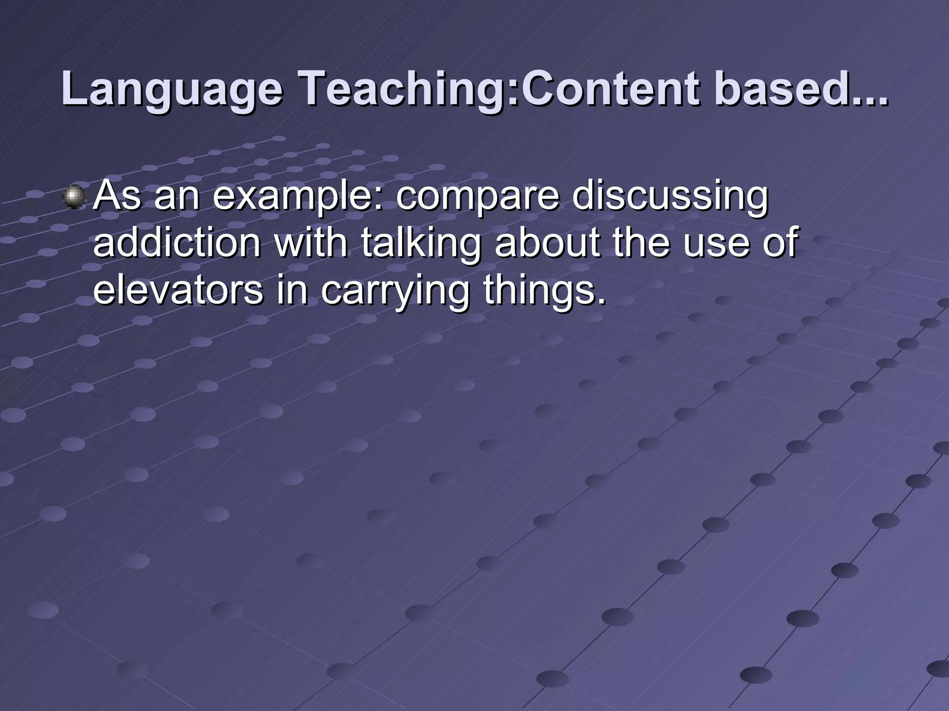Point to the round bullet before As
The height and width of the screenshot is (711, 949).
pyautogui.click(x=74, y=197)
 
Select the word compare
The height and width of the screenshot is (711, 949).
pyautogui.click(x=477, y=196)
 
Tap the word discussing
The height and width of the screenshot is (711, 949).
pyautogui.click(x=670, y=196)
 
